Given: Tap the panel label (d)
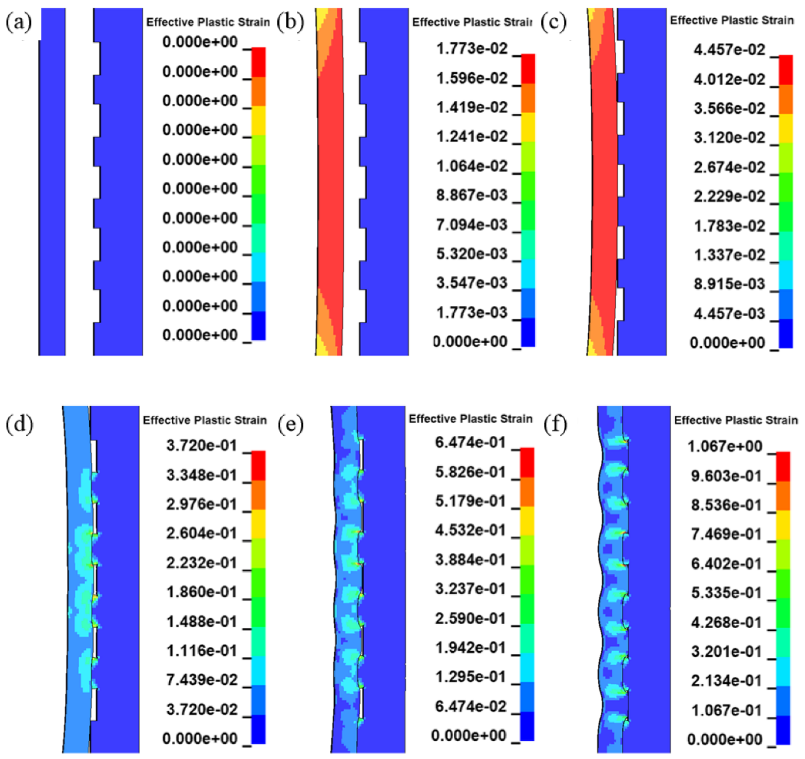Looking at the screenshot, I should [x=19, y=423].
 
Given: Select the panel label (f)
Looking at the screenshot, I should [x=555, y=423].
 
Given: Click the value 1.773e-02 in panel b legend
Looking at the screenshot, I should [x=471, y=49].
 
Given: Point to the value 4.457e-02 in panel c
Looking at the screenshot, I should [x=729, y=50].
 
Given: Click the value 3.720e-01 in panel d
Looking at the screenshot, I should [x=202, y=446].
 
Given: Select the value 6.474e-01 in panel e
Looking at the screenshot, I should [x=470, y=442].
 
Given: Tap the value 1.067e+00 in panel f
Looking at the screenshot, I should [x=725, y=446].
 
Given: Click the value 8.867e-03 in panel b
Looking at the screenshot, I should [x=471, y=195].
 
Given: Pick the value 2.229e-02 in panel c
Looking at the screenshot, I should [x=729, y=196].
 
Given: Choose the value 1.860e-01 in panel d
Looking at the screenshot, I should [x=202, y=592].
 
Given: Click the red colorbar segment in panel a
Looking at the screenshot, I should [x=259, y=62].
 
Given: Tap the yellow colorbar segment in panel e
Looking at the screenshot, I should [x=527, y=521].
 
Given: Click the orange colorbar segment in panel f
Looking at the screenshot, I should [x=783, y=496].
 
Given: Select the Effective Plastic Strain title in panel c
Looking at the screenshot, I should [x=731, y=21].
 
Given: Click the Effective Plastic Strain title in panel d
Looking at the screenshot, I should [x=205, y=420].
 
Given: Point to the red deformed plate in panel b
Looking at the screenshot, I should [x=331, y=176].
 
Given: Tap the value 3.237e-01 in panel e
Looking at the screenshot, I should [x=470, y=589].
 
